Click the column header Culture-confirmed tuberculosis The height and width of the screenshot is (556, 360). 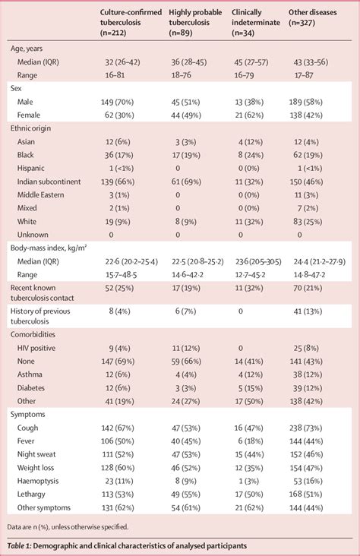134,21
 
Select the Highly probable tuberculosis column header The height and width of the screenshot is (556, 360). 199,21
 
